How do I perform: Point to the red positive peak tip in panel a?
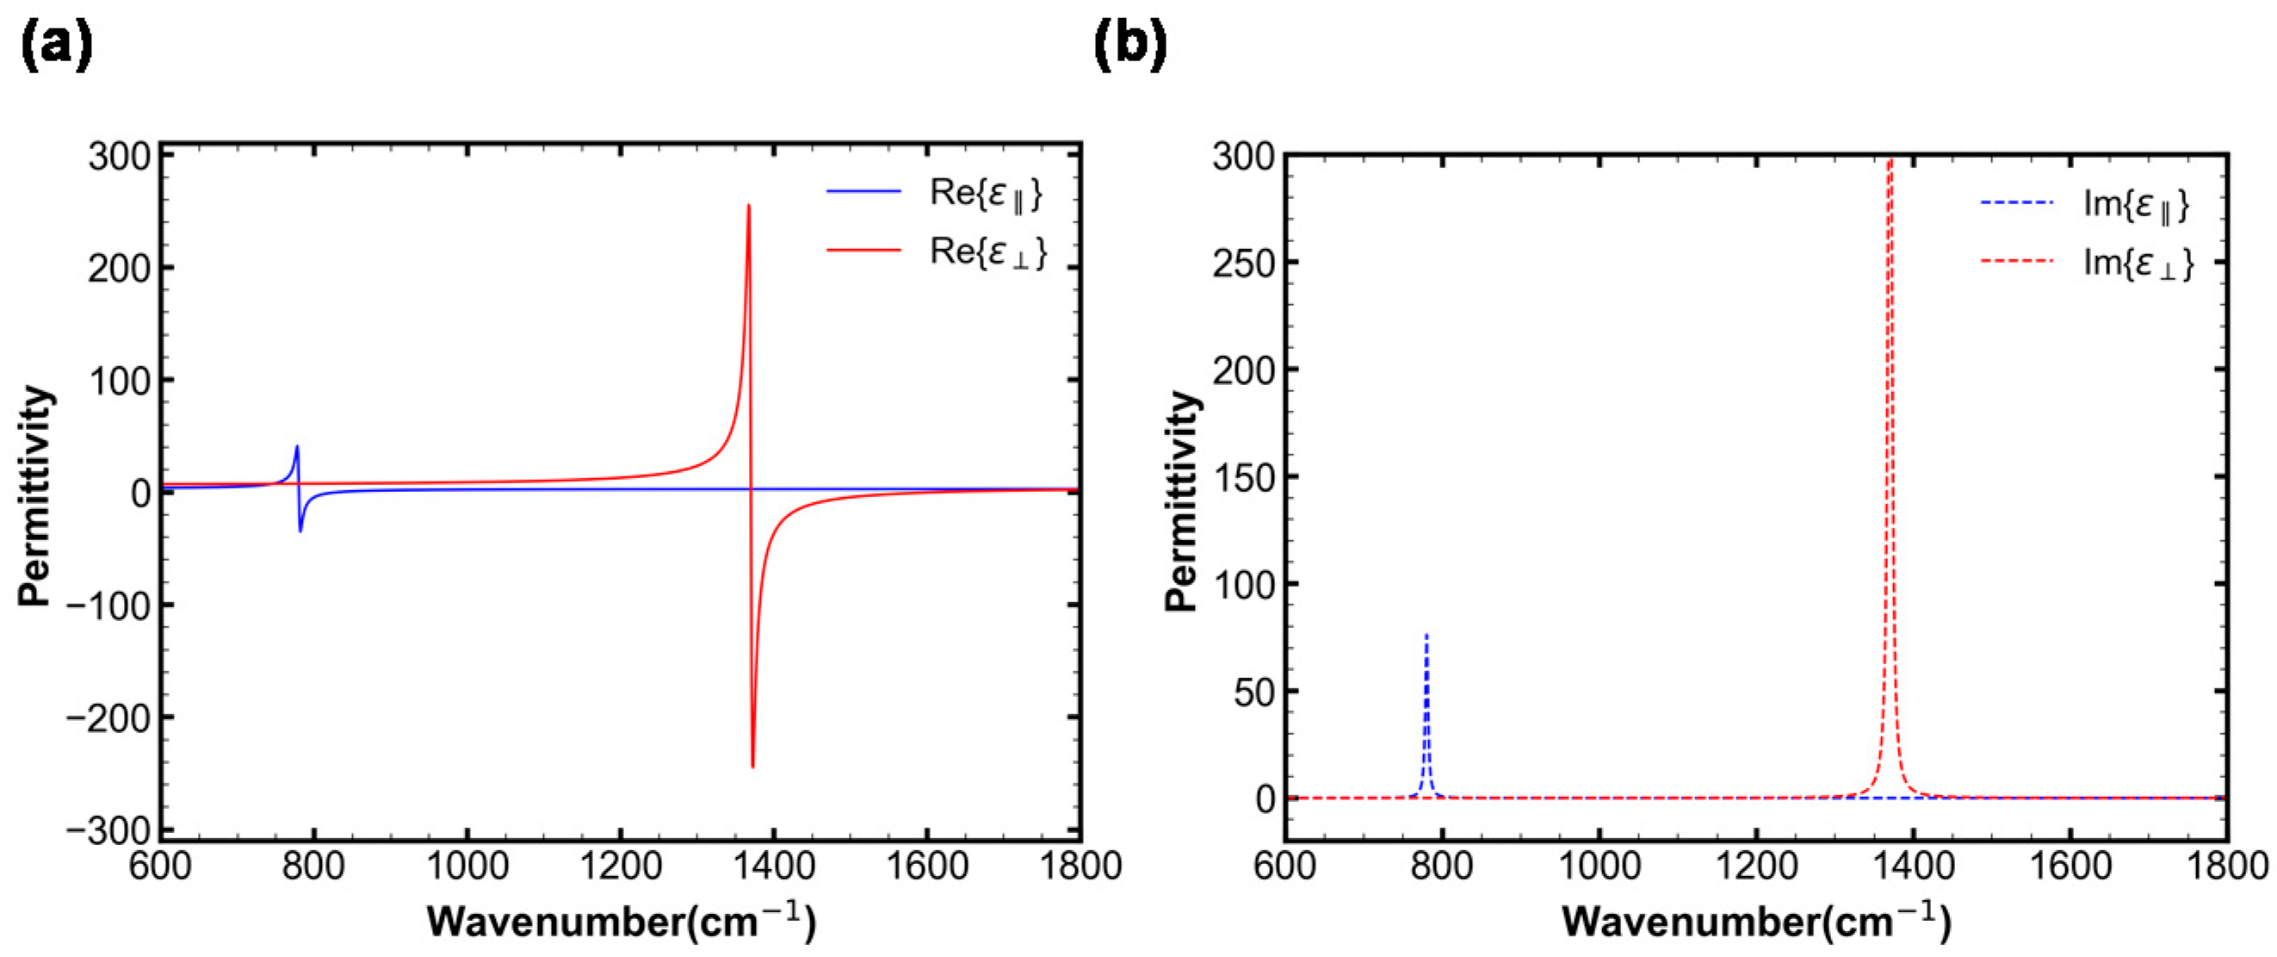pyautogui.click(x=749, y=207)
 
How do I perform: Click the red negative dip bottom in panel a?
pyautogui.click(x=752, y=766)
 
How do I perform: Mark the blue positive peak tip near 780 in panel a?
pyautogui.click(x=297, y=447)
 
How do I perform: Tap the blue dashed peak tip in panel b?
pyautogui.click(x=1426, y=635)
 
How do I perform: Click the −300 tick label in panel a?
pyautogui.click(x=108, y=831)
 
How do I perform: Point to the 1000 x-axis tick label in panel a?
pyautogui.click(x=467, y=865)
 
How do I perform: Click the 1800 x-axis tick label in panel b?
pyautogui.click(x=2225, y=865)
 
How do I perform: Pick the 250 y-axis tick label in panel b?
pyautogui.click(x=1244, y=263)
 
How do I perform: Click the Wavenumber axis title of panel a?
pyautogui.click(x=622, y=922)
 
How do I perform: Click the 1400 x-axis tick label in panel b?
pyautogui.click(x=1913, y=865)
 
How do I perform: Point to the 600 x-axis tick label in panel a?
pyautogui.click(x=160, y=865)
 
